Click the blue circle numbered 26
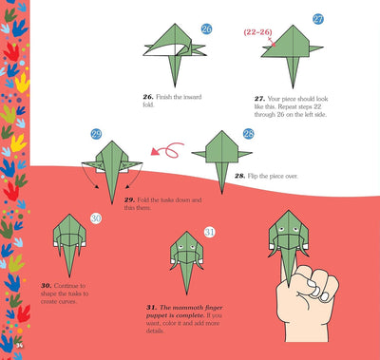click(x=207, y=30)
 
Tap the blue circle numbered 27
click(x=318, y=19)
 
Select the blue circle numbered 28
click(x=248, y=135)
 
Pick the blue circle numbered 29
click(x=96, y=135)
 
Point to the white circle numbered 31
click(x=210, y=231)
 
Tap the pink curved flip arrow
click(x=168, y=149)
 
